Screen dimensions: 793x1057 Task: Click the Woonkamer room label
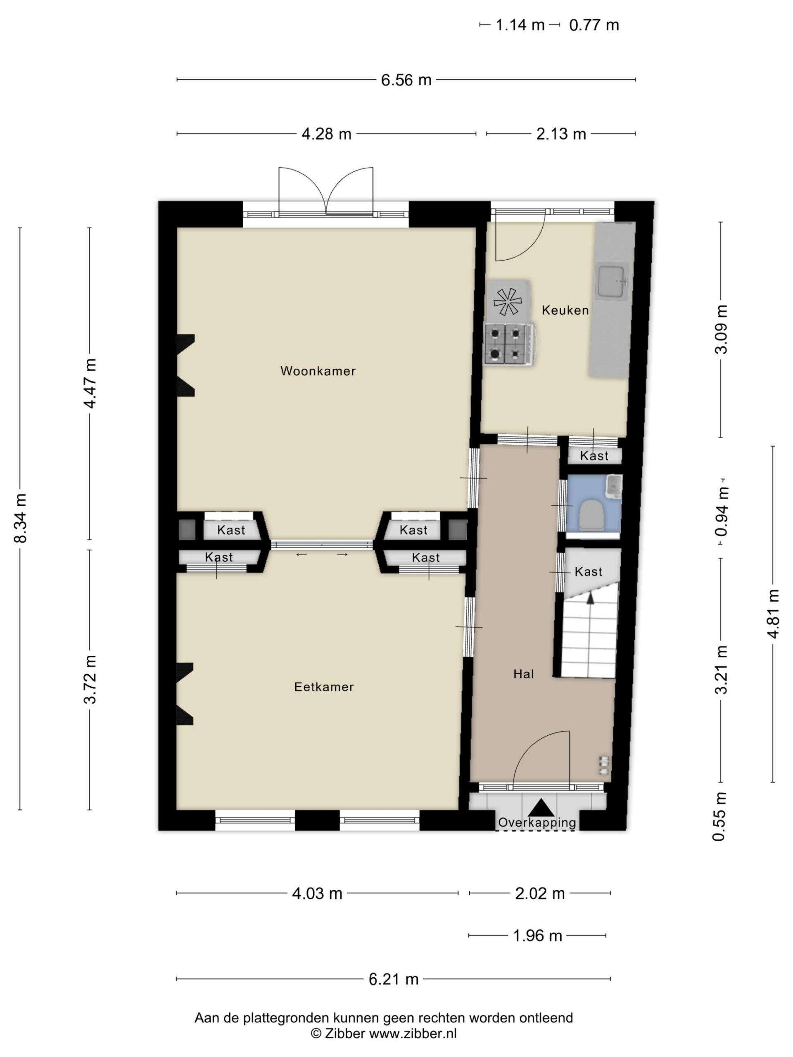click(318, 371)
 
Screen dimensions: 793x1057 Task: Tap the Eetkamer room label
click(324, 687)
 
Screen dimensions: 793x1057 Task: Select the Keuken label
click(565, 310)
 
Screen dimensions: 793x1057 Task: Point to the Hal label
click(523, 674)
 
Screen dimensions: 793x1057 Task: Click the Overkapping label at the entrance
click(537, 822)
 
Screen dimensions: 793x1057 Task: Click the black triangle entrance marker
click(541, 807)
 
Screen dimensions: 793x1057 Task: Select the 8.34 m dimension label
click(21, 518)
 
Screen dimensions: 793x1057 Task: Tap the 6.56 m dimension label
click(406, 80)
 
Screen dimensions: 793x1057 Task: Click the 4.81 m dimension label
click(773, 614)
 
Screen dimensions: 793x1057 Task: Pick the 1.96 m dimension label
click(537, 935)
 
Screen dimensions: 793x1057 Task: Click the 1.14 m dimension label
click(520, 25)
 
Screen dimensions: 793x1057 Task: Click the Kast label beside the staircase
click(589, 571)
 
